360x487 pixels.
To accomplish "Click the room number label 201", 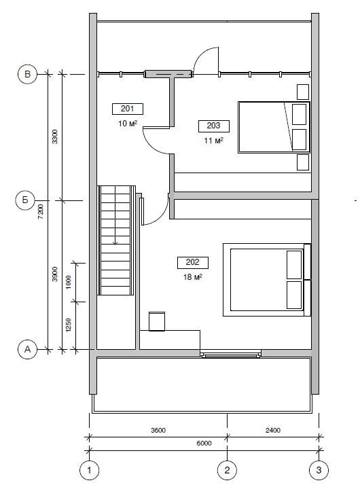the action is point(127,109).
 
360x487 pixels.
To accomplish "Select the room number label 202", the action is point(193,262).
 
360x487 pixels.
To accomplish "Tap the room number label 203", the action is point(214,126).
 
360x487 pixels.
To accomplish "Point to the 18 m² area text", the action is point(193,276).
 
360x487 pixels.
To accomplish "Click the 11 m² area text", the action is point(214,141).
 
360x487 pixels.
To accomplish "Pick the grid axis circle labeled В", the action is point(27,74).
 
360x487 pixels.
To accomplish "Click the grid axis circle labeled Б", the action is point(25,200).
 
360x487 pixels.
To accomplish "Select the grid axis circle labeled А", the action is point(27,349).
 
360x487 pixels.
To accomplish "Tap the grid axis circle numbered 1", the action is point(90,470).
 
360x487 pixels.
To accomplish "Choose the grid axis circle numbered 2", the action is point(227,470).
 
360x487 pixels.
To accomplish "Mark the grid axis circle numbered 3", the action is point(319,470).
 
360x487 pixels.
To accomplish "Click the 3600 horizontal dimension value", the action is point(158,430).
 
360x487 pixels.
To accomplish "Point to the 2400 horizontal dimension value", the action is point(273,430).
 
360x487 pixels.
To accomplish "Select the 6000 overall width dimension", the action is point(204,444).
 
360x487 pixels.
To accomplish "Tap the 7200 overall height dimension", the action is point(41,212).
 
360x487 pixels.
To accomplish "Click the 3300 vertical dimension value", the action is point(54,137).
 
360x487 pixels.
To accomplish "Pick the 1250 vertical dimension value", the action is point(69,325).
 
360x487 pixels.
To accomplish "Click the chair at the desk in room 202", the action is point(157,321).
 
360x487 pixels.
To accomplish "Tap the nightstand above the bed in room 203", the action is point(303,92).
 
